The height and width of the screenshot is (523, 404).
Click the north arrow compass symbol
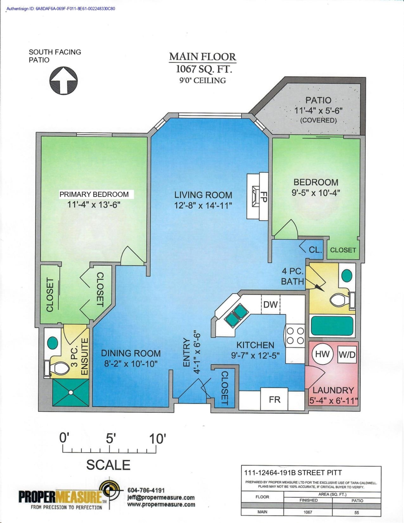[x=64, y=81]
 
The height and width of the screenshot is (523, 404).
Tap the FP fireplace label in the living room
[x=263, y=196]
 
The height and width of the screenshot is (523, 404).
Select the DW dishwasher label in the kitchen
[x=271, y=305]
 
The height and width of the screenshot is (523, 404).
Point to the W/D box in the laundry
[x=347, y=355]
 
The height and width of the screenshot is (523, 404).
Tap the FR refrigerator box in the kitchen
[x=275, y=400]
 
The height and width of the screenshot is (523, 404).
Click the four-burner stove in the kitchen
[x=295, y=336]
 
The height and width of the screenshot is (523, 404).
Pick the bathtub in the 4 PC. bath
[x=332, y=326]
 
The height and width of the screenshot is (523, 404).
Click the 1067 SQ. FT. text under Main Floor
[x=203, y=69]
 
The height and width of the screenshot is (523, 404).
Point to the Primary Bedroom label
[x=94, y=194]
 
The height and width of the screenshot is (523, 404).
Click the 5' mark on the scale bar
[x=110, y=439]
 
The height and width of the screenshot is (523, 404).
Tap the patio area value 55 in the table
[x=357, y=513]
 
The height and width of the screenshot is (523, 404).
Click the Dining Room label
[x=131, y=353]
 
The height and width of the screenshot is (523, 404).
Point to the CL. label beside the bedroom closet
[x=315, y=250]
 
